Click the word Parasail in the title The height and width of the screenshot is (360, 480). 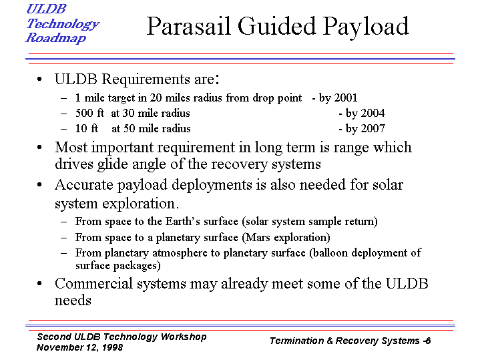click(x=188, y=26)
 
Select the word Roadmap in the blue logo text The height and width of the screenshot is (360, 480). click(x=55, y=38)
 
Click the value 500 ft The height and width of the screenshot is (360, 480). click(x=89, y=113)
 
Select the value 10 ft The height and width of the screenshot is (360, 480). click(x=87, y=128)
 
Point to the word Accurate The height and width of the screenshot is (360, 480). click(x=84, y=185)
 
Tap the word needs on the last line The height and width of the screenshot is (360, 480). click(x=73, y=301)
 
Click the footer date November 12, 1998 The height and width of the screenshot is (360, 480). click(x=79, y=347)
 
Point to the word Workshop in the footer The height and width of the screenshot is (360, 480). click(x=184, y=337)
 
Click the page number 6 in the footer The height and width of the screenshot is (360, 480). click(x=428, y=341)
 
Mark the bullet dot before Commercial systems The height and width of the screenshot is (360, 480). click(x=39, y=284)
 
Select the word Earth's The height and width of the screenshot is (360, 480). click(x=183, y=222)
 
